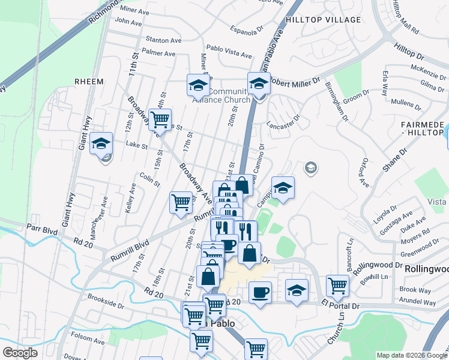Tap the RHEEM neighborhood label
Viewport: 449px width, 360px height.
tap(89, 82)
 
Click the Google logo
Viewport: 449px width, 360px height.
tap(20, 353)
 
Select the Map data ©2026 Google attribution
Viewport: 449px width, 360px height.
tap(411, 355)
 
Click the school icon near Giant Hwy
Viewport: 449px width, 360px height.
tap(101, 144)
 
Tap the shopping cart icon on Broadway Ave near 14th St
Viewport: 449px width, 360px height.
tap(160, 120)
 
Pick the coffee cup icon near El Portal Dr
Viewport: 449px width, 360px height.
tap(259, 293)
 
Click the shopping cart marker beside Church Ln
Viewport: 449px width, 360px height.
tap(338, 287)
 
